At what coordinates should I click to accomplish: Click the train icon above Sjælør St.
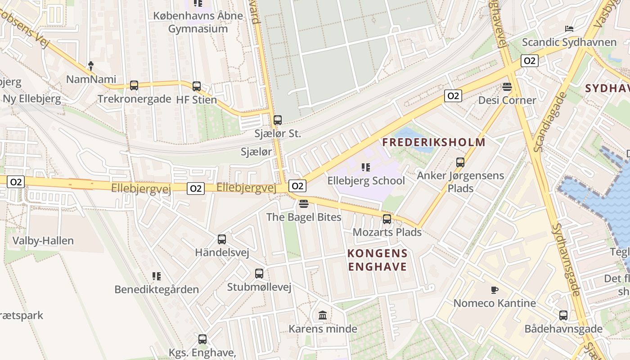click(278, 120)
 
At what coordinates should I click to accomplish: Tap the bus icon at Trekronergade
click(134, 85)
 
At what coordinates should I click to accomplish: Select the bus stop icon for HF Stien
click(197, 86)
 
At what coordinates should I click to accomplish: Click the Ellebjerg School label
click(366, 181)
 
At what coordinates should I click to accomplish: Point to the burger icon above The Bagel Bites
click(304, 204)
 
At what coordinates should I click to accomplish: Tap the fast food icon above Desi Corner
click(507, 87)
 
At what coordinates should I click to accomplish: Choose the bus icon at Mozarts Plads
click(387, 219)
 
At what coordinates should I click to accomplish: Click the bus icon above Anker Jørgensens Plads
click(460, 162)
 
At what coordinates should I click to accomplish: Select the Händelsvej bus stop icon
click(222, 239)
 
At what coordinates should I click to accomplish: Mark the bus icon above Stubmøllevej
click(259, 274)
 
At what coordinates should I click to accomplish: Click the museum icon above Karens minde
click(323, 315)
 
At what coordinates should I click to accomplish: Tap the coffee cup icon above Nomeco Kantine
click(495, 290)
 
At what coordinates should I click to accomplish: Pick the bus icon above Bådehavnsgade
click(563, 315)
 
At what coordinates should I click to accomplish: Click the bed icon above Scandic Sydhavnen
click(569, 29)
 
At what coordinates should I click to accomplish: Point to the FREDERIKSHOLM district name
click(434, 143)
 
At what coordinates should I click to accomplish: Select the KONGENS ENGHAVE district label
click(377, 260)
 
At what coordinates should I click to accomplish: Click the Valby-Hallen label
click(43, 241)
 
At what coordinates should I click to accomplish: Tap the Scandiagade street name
click(549, 122)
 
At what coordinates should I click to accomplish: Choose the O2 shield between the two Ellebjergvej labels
click(196, 189)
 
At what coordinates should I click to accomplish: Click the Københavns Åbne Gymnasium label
click(198, 22)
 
